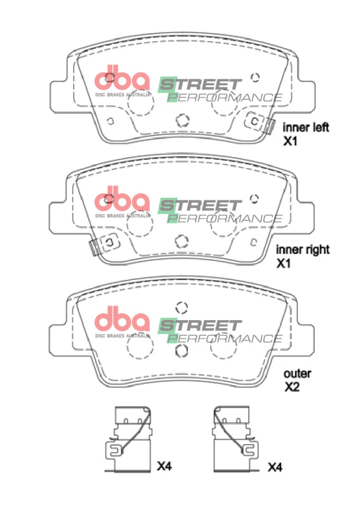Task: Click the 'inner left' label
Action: (306, 127)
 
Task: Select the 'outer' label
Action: (297, 374)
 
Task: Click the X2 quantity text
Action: (291, 386)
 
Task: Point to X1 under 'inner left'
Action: (291, 141)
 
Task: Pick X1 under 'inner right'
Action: (284, 263)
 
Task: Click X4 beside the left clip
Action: (164, 467)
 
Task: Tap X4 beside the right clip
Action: (274, 467)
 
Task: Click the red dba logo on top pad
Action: (121, 81)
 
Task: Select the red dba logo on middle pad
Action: (121, 202)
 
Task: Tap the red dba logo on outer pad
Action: (121, 321)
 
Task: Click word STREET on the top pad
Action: (200, 84)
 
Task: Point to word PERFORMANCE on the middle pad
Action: (226, 218)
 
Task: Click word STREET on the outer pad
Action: (200, 325)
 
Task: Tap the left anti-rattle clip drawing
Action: (127, 439)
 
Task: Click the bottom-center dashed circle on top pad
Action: (183, 120)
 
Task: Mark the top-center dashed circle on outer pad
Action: (181, 308)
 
